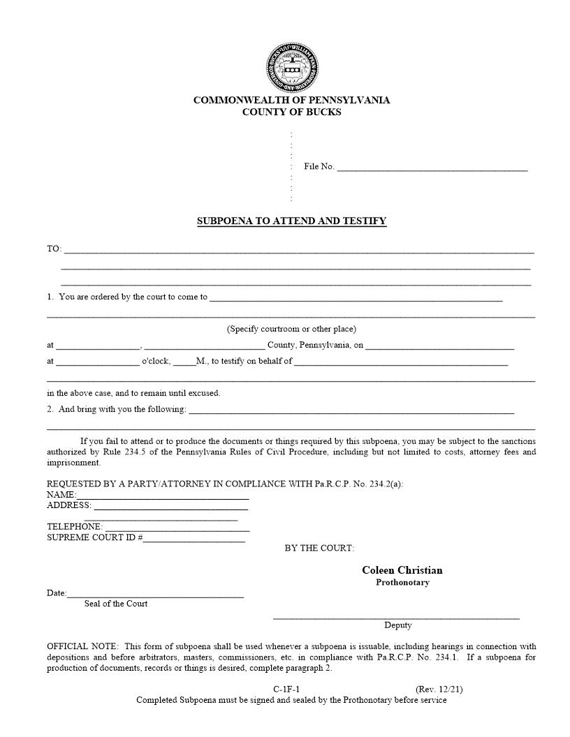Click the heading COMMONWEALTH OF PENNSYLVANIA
coord(291,100)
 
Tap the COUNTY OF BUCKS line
coord(291,112)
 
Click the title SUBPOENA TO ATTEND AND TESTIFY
coord(291,221)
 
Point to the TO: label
coord(54,249)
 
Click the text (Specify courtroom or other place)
coord(291,329)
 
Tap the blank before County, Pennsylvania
coord(204,345)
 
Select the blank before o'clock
coord(97,362)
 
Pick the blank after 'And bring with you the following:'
coord(351,410)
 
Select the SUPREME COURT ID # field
coord(194,539)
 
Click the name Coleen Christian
coord(402,570)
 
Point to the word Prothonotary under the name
coord(402,583)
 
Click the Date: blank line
coord(155,595)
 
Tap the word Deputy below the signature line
coord(397,625)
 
